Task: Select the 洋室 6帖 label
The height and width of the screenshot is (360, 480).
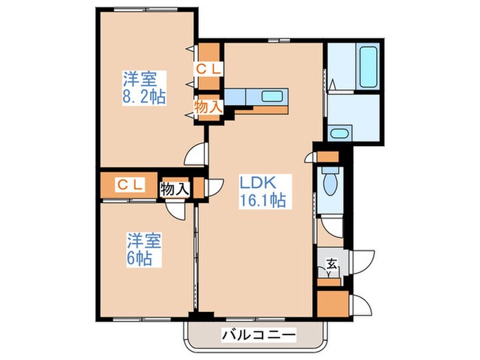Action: point(143,250)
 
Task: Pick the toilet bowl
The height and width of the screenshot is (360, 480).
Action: point(331,184)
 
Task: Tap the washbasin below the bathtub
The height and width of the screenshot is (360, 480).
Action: point(339,133)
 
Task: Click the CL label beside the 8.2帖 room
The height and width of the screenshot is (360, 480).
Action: point(208,69)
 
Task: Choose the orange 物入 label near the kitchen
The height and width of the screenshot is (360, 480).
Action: point(207,107)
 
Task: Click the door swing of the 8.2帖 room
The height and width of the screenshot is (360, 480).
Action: point(195,153)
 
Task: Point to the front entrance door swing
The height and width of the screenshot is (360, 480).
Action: point(362,259)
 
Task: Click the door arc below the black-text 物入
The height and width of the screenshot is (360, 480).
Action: point(177,209)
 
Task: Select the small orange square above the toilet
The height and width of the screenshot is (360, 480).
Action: point(330,160)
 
